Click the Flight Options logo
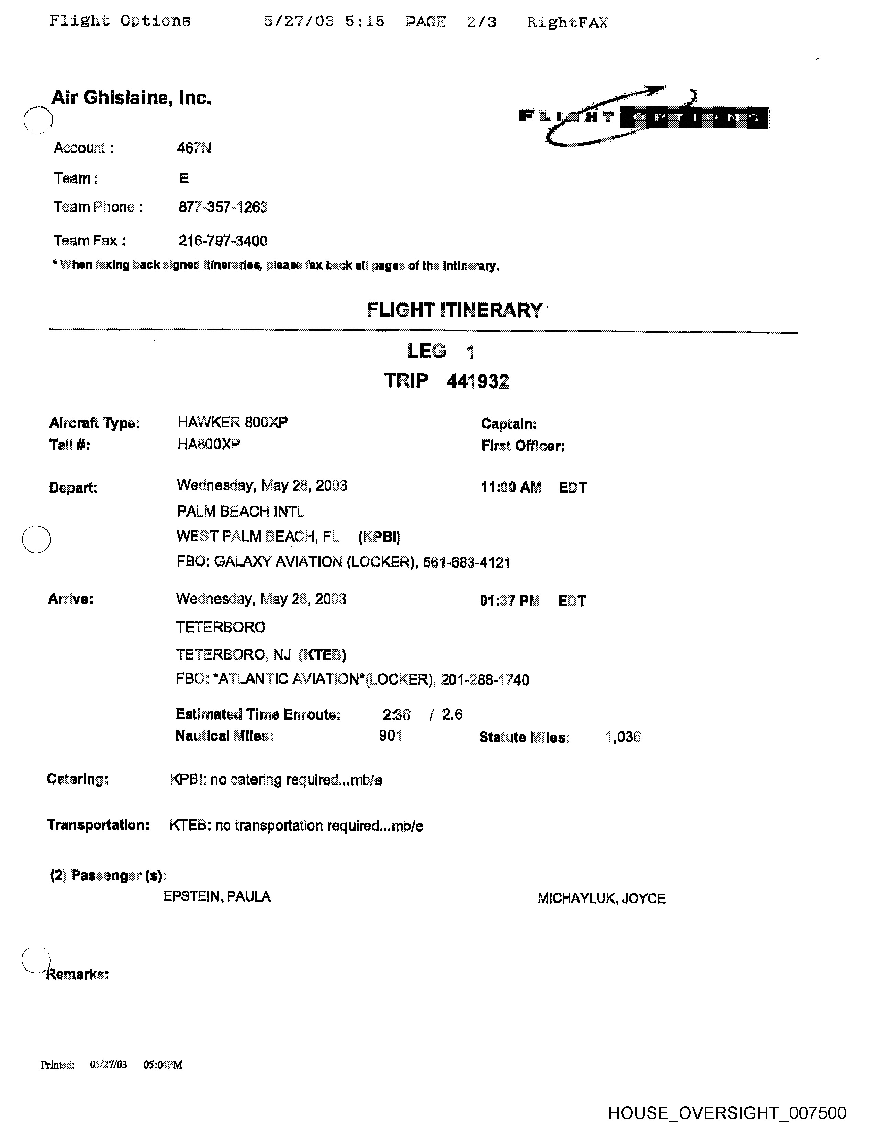point(643,117)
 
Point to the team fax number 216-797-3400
point(223,241)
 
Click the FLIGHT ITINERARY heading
point(454,310)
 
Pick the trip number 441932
point(478,382)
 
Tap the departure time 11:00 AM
point(511,487)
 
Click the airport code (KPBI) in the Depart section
point(379,537)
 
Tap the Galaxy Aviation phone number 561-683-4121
point(467,562)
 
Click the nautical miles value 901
point(391,736)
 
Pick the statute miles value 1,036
point(623,737)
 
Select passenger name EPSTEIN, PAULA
point(217,896)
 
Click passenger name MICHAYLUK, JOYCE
point(602,899)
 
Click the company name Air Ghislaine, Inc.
point(131,98)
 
